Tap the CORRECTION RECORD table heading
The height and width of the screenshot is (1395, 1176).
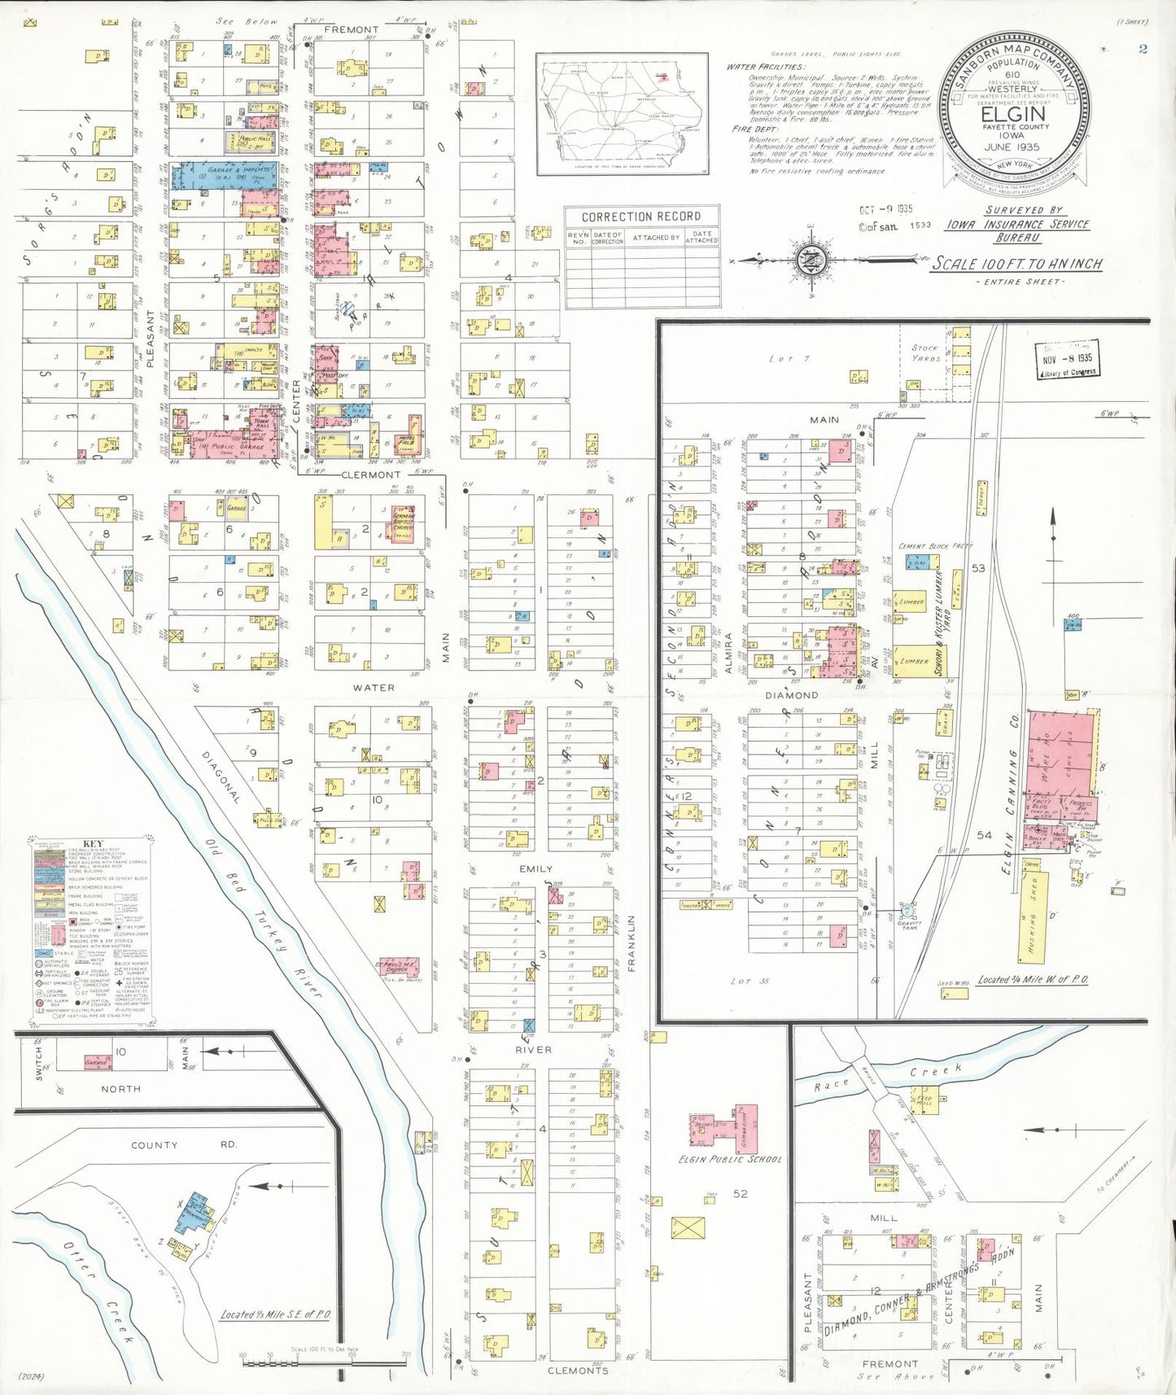point(640,216)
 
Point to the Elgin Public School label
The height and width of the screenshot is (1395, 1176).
point(730,1159)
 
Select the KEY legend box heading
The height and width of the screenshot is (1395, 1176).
point(93,843)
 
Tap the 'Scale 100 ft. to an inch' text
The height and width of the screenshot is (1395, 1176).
point(1017,264)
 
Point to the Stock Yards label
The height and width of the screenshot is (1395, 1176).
point(925,352)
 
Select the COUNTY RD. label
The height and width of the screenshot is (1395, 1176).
point(182,1144)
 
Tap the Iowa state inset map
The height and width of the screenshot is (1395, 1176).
point(621,112)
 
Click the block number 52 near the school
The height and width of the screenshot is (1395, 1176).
point(740,1193)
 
